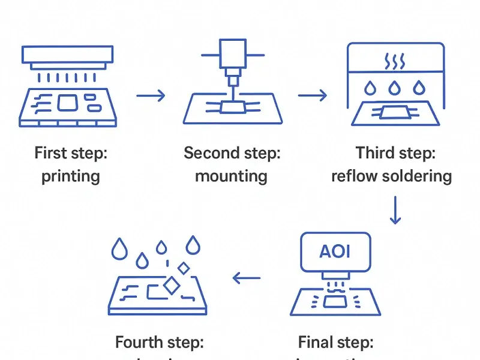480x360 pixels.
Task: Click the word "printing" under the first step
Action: (x=70, y=176)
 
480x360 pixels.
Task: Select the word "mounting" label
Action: (x=231, y=176)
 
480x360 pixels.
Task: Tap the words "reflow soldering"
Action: (x=391, y=176)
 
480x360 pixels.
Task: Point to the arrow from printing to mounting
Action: (x=151, y=95)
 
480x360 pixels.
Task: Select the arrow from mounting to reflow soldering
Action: (x=312, y=95)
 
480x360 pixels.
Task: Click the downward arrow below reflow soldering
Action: (x=394, y=209)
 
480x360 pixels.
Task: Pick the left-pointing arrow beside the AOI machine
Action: (x=247, y=278)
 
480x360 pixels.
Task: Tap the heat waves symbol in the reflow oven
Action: (x=394, y=62)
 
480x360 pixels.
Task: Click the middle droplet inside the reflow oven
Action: (x=394, y=88)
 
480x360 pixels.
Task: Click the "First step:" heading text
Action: (x=70, y=153)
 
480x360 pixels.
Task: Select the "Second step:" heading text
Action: (x=232, y=153)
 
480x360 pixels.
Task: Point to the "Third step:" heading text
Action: (x=395, y=153)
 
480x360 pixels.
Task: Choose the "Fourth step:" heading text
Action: (x=160, y=343)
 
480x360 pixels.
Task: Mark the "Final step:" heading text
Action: (x=336, y=343)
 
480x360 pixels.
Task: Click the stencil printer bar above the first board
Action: (x=68, y=55)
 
